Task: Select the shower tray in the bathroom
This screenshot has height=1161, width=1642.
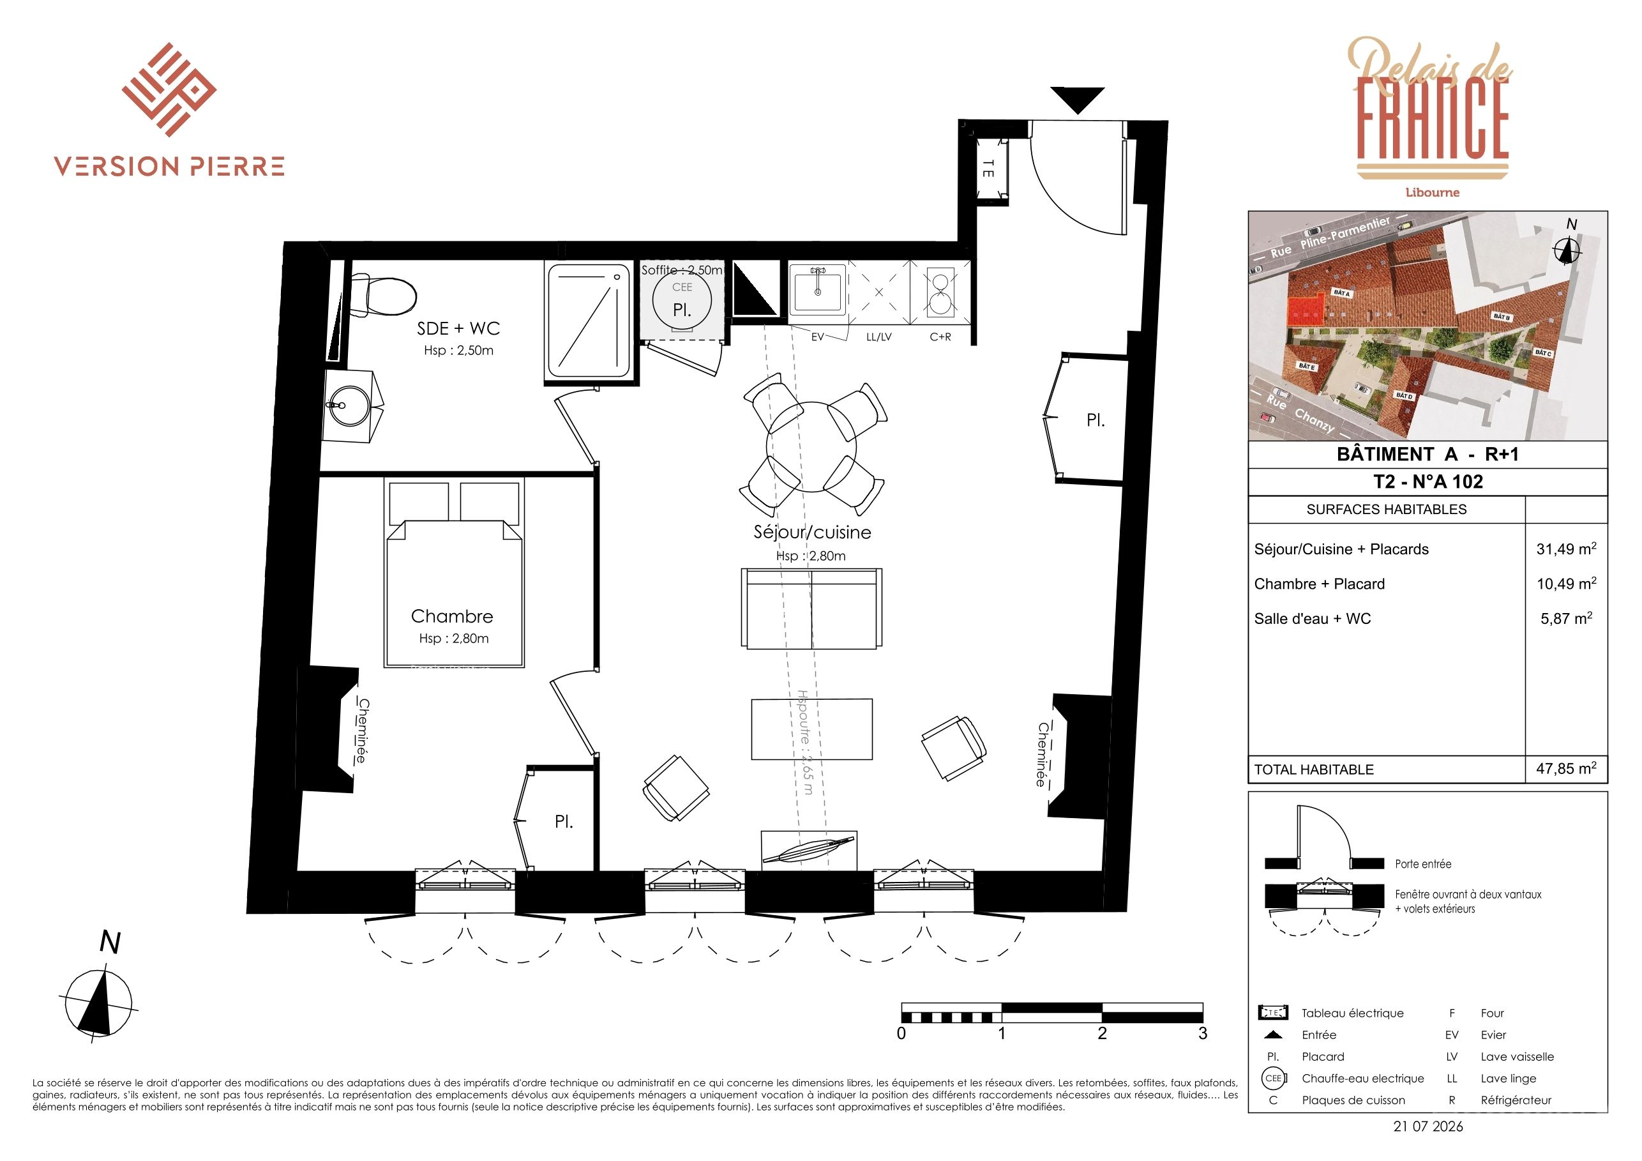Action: pyautogui.click(x=589, y=321)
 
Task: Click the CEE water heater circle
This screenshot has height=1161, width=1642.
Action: pyautogui.click(x=682, y=301)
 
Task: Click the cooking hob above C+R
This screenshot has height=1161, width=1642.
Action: pyautogui.click(x=940, y=293)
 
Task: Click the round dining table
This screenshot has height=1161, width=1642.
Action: pyautogui.click(x=811, y=446)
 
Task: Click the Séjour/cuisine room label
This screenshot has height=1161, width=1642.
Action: pyautogui.click(x=813, y=532)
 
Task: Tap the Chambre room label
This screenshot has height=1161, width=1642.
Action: pyautogui.click(x=452, y=616)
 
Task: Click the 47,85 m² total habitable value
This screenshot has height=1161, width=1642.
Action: pyautogui.click(x=1566, y=768)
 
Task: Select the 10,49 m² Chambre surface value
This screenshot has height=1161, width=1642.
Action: pyautogui.click(x=1566, y=583)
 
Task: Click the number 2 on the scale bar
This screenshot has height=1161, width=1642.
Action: pyautogui.click(x=1102, y=1034)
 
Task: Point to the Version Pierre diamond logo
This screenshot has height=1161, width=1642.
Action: pyautogui.click(x=169, y=89)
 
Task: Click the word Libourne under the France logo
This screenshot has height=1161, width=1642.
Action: pyautogui.click(x=1433, y=192)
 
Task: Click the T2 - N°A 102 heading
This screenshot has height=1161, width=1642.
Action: pyautogui.click(x=1428, y=482)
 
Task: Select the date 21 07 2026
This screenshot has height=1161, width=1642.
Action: pyautogui.click(x=1428, y=1126)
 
